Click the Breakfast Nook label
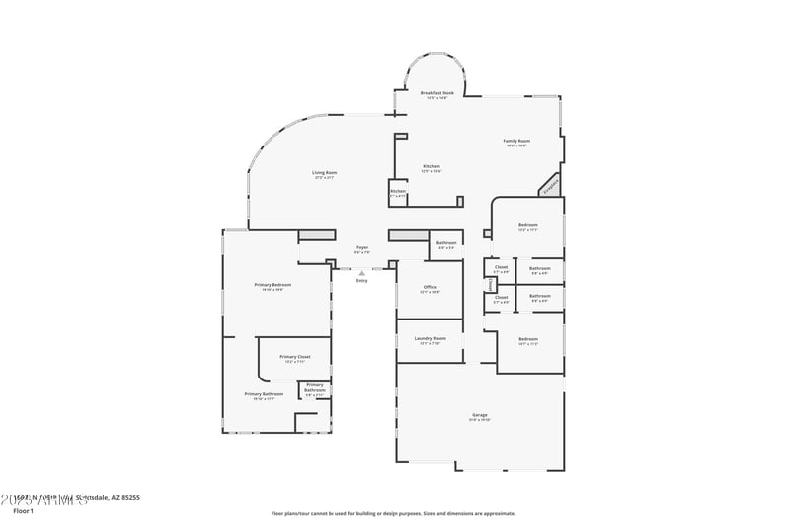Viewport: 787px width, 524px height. [435, 92]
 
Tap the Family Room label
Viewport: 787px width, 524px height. [516, 141]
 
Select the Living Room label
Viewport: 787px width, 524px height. [325, 173]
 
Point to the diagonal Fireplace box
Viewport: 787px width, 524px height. [550, 184]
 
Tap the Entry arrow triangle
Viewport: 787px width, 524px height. [361, 272]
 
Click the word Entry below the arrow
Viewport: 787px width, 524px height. [361, 280]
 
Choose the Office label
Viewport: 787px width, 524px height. [430, 287]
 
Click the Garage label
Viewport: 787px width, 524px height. [480, 414]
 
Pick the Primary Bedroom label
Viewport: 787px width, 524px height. [273, 284]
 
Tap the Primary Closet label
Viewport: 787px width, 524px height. [295, 356]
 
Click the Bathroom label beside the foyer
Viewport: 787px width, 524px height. [447, 242]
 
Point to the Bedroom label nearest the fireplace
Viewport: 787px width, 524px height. [528, 225]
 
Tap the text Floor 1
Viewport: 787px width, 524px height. [22, 511]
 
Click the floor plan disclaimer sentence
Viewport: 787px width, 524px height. [393, 513]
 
